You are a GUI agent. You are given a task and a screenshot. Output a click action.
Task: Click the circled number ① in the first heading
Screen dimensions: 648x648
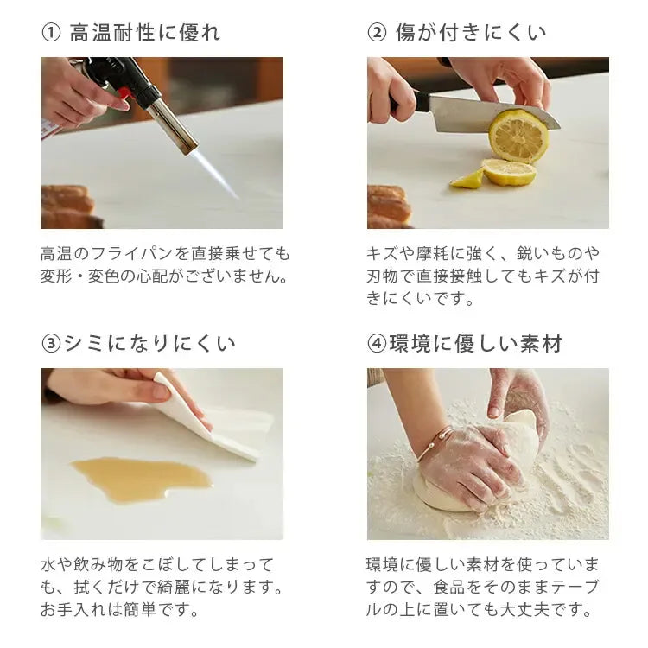[51, 34]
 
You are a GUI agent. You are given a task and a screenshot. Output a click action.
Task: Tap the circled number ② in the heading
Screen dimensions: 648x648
[377, 34]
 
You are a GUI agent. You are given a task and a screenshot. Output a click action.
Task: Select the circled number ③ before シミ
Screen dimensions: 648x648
[51, 344]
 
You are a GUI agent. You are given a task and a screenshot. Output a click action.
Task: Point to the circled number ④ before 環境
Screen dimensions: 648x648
[377, 344]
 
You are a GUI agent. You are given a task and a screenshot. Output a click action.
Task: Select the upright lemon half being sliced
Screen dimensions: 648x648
[518, 134]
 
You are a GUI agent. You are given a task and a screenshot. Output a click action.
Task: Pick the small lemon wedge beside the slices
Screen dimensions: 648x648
[467, 179]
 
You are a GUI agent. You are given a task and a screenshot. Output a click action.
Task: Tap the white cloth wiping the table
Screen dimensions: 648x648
[220, 419]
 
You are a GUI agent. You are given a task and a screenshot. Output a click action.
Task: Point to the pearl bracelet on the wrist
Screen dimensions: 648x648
[435, 444]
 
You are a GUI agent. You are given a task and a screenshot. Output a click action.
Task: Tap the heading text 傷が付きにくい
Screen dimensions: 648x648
[471, 34]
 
